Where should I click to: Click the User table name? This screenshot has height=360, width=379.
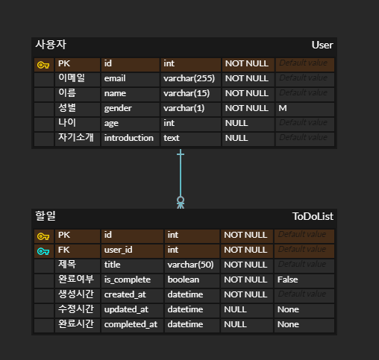pyautogui.click(x=322, y=45)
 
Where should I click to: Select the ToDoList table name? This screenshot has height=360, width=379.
pyautogui.click(x=313, y=216)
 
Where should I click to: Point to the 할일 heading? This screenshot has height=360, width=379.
pyautogui.click(x=46, y=216)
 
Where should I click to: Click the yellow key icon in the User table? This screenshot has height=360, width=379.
pyautogui.click(x=43, y=64)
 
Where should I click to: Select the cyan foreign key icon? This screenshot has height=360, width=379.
pyautogui.click(x=43, y=250)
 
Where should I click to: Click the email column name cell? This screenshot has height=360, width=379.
pyautogui.click(x=115, y=78)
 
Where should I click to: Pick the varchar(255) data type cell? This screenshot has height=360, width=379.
pyautogui.click(x=189, y=78)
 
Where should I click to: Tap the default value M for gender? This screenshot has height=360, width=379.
pyautogui.click(x=283, y=108)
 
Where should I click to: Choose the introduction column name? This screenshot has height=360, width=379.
pyautogui.click(x=128, y=138)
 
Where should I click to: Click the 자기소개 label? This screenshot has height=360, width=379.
pyautogui.click(x=75, y=138)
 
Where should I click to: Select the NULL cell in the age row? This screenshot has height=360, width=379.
pyautogui.click(x=237, y=123)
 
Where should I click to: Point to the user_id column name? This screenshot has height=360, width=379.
pyautogui.click(x=118, y=250)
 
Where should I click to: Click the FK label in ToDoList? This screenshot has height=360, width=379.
pyautogui.click(x=64, y=250)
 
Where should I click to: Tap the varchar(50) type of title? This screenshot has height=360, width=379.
pyautogui.click(x=190, y=265)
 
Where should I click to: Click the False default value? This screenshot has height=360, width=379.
pyautogui.click(x=288, y=280)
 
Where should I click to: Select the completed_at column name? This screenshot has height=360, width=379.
pyautogui.click(x=131, y=324)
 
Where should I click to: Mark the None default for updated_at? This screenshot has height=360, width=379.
pyautogui.click(x=288, y=309)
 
